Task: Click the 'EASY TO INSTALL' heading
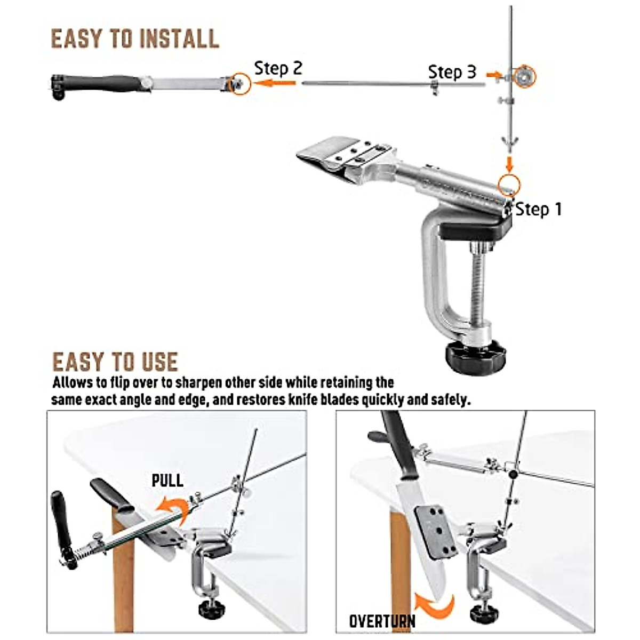pyautogui.click(x=134, y=39)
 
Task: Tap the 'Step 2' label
pyautogui.click(x=278, y=68)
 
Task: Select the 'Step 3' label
pyautogui.click(x=452, y=72)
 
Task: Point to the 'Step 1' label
pyautogui.click(x=539, y=209)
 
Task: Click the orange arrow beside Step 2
pyautogui.click(x=275, y=83)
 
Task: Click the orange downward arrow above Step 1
pyautogui.click(x=509, y=162)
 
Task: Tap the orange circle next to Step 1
pyautogui.click(x=508, y=184)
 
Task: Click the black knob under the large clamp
pyautogui.click(x=473, y=357)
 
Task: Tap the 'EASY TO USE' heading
pyautogui.click(x=115, y=362)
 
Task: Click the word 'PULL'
pyautogui.click(x=167, y=480)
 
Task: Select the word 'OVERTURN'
pyautogui.click(x=382, y=621)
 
